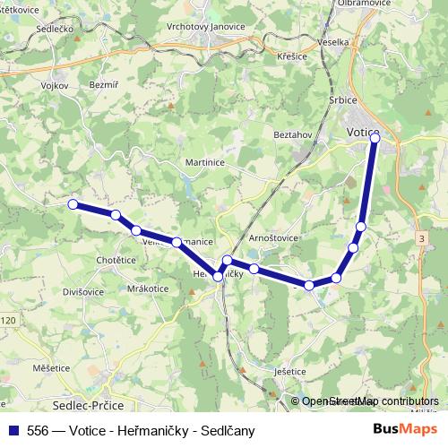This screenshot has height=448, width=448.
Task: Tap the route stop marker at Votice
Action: tap(375, 137)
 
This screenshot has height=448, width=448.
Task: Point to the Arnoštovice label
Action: tap(274, 238)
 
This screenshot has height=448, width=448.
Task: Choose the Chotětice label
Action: tap(115, 260)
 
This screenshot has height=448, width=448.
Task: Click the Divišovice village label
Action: tap(83, 291)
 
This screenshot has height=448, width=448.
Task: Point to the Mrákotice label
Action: tap(148, 289)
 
